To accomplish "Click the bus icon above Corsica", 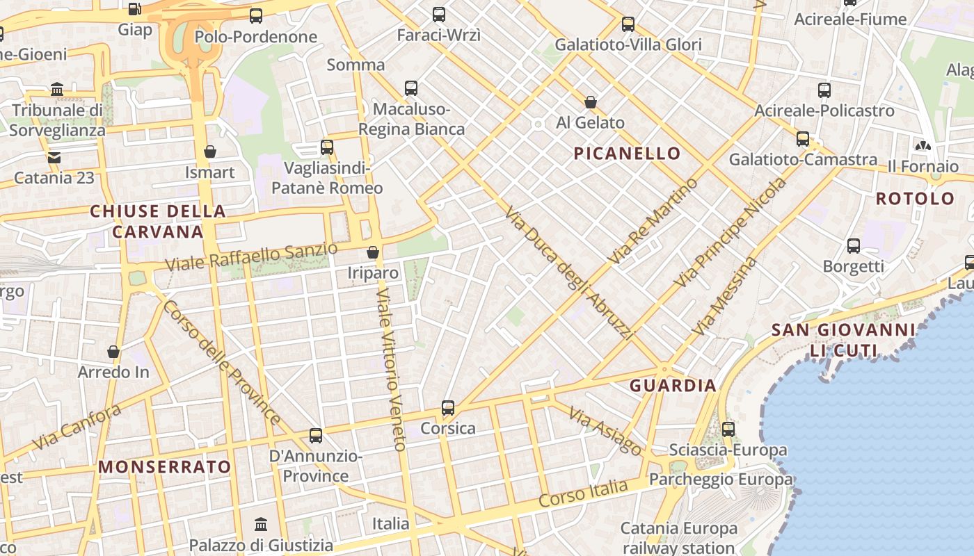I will [x=448, y=408].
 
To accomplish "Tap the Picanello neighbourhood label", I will [x=627, y=154].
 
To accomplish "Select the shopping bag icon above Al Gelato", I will [x=591, y=103].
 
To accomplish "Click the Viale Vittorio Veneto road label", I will [x=390, y=370].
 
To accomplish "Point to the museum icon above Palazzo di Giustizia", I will [x=261, y=524].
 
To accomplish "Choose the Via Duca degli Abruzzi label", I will [x=569, y=272].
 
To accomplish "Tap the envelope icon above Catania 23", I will [x=54, y=157].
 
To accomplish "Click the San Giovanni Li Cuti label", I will [x=843, y=340].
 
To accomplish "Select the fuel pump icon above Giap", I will [x=135, y=10].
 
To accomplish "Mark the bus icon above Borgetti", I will [x=854, y=246].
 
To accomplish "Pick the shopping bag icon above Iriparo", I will [x=373, y=252].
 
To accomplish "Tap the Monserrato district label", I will [x=165, y=466].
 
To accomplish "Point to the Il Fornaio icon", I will [x=923, y=146].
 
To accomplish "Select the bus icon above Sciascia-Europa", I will [x=728, y=430].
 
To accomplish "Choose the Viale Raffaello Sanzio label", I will [x=252, y=257].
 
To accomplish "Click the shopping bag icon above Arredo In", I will [x=113, y=352].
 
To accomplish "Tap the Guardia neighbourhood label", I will [x=673, y=386].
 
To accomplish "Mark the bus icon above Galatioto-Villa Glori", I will [x=628, y=25].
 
